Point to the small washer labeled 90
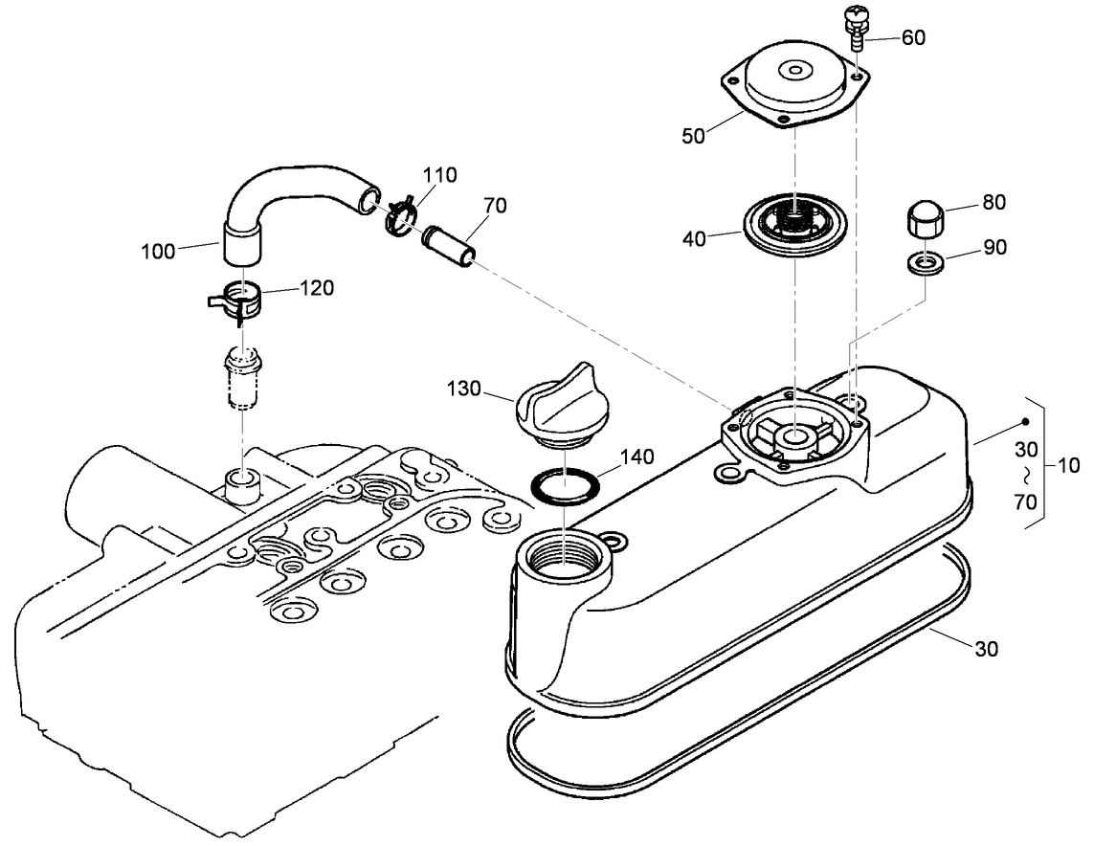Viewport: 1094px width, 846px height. click(920, 261)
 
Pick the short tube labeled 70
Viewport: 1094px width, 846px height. click(448, 246)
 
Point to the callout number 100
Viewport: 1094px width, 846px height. click(157, 252)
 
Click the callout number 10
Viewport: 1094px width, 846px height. click(1068, 466)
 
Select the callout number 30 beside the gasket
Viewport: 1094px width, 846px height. click(986, 649)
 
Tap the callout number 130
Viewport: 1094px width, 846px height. click(465, 390)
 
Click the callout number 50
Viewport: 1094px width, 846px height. click(693, 136)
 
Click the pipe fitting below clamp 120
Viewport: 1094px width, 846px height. click(241, 378)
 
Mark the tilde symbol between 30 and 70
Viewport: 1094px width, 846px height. click(1025, 475)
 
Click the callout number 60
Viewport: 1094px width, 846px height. click(913, 37)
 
